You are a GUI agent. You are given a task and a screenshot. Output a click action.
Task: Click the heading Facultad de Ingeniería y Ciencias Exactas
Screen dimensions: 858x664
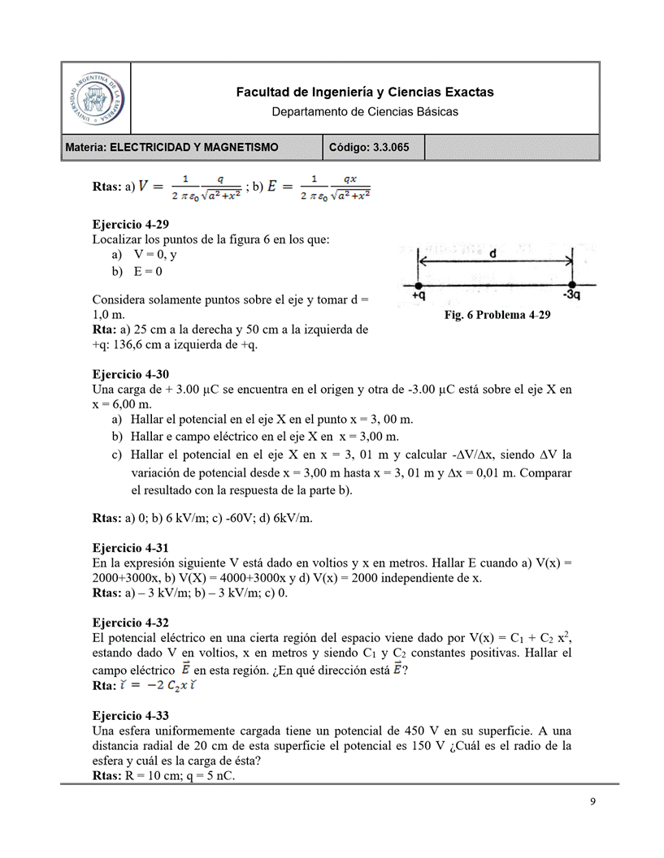(364, 93)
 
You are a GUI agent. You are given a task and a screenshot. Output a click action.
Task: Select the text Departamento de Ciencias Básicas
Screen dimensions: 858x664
(364, 111)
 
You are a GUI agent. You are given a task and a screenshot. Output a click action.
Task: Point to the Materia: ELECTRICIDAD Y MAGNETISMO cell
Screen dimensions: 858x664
(172, 148)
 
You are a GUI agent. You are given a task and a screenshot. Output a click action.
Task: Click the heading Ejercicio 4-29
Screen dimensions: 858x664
(131, 224)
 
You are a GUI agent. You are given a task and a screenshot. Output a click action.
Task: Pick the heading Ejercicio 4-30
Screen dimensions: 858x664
(131, 374)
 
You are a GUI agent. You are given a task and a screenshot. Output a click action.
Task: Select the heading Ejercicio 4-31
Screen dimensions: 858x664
(131, 548)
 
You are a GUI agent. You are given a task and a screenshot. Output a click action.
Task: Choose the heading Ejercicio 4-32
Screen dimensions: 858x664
(131, 623)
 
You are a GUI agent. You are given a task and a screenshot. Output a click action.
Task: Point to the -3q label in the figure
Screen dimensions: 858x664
(571, 296)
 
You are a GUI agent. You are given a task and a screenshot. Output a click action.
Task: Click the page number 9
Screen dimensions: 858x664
(592, 802)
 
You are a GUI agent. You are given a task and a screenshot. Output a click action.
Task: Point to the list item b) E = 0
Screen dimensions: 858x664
(138, 271)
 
